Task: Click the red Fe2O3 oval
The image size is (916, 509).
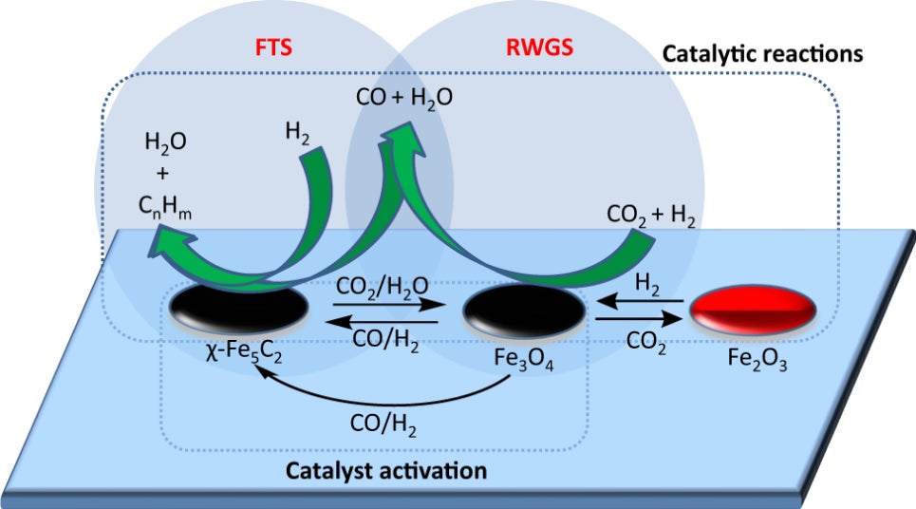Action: coord(752,310)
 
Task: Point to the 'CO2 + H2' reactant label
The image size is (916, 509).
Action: coord(654,219)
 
